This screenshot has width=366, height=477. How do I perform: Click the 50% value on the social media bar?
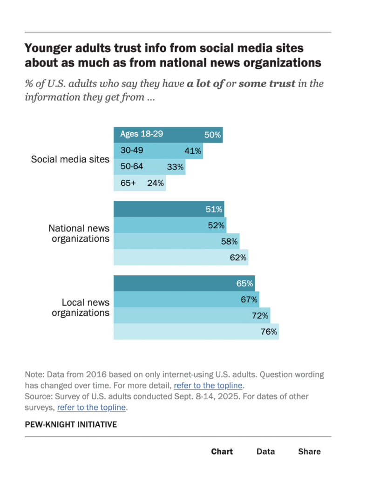coord(212,135)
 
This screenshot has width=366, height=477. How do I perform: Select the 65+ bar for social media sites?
coord(140,183)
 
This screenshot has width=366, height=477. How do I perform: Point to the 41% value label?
coord(193,151)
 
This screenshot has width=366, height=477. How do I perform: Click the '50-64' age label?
coord(132,166)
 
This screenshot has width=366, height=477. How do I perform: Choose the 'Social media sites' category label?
coord(70,159)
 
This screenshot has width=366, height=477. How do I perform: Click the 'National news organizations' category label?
coord(79,233)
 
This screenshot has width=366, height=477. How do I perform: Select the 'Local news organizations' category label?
coord(81,307)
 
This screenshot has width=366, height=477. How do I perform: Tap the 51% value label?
coord(214,209)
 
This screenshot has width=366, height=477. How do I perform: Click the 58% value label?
coord(230,241)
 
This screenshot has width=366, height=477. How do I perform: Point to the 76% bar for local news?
coord(196,332)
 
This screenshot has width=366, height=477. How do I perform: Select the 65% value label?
coord(244,283)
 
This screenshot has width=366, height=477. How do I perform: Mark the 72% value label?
coord(260,315)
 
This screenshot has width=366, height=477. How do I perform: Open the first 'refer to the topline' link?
coord(208,385)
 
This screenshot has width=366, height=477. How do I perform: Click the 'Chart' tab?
coord(222,451)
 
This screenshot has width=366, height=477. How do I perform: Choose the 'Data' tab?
coord(266,451)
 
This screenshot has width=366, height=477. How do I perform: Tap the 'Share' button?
coord(310,451)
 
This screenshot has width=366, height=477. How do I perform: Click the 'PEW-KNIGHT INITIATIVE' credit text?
coord(71,424)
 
